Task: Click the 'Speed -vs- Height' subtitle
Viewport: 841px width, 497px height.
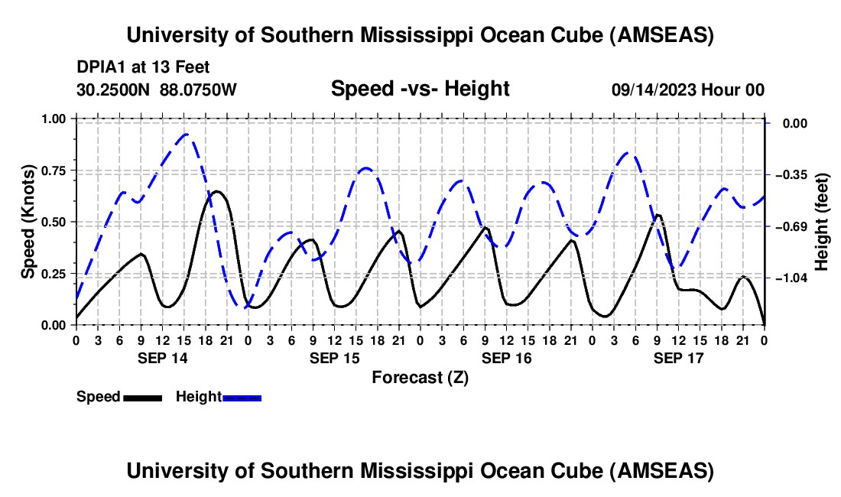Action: (420, 89)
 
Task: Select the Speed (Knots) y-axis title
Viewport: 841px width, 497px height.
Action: (28, 222)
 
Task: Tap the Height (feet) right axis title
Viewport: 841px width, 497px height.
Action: (821, 222)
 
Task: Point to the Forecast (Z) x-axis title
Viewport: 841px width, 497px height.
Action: (420, 378)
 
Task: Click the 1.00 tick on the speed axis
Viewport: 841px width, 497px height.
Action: (54, 119)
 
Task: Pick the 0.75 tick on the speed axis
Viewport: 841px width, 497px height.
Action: (54, 171)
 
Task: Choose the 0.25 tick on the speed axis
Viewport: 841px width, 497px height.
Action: (54, 274)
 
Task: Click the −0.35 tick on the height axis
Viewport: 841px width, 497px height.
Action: (791, 175)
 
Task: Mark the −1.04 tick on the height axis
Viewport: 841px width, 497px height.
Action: (791, 278)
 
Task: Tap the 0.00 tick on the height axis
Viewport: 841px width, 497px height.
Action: (795, 123)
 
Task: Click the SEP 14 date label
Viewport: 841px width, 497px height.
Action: (163, 358)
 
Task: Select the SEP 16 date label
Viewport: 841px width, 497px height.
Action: (506, 358)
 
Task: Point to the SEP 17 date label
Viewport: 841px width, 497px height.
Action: (678, 358)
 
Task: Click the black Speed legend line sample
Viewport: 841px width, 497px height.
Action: (143, 398)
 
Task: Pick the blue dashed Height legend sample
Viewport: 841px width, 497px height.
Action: (242, 398)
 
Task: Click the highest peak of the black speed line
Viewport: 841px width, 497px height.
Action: (216, 191)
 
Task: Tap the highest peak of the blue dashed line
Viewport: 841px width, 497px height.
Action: (186, 134)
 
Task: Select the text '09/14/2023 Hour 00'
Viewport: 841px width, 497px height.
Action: (688, 89)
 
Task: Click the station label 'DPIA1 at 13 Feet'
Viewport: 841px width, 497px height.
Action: (143, 67)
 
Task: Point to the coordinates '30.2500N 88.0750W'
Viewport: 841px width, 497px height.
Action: (157, 89)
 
